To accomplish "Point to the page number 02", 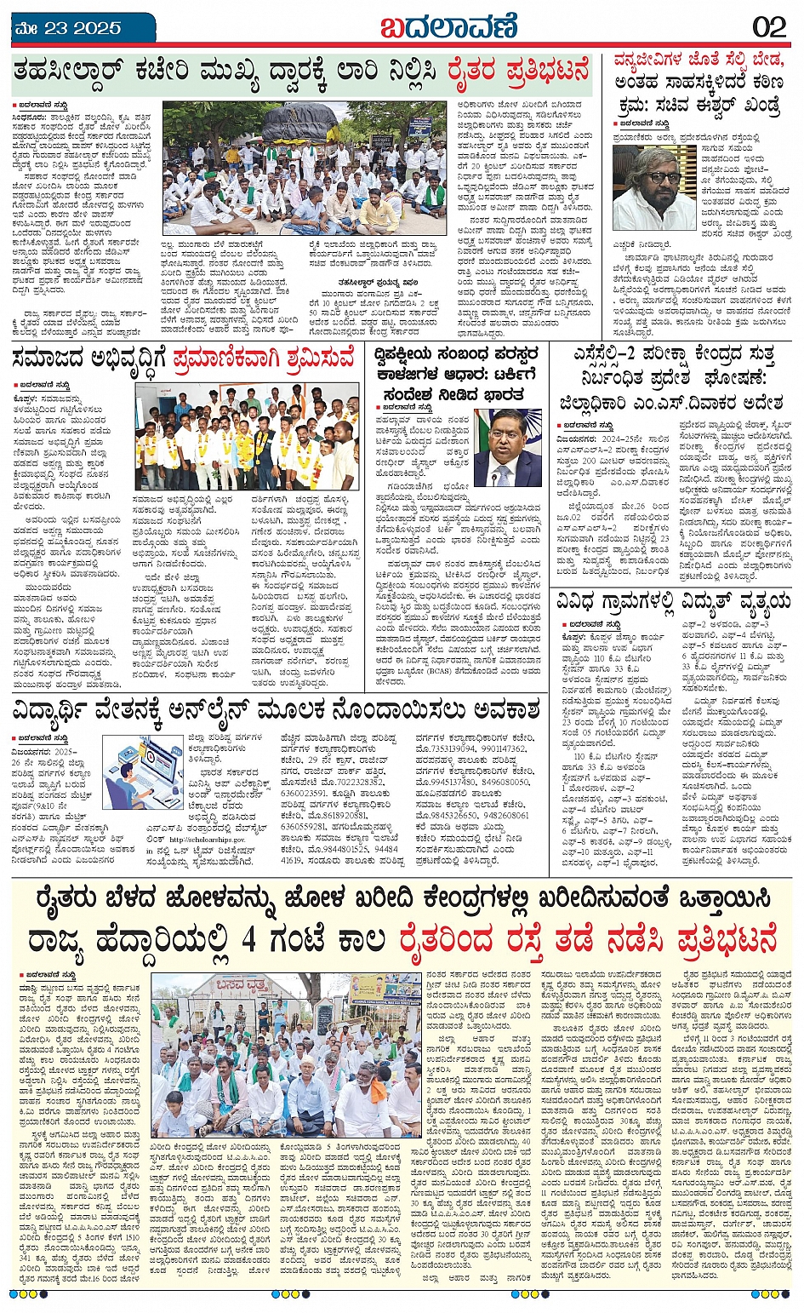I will click(x=768, y=27).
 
